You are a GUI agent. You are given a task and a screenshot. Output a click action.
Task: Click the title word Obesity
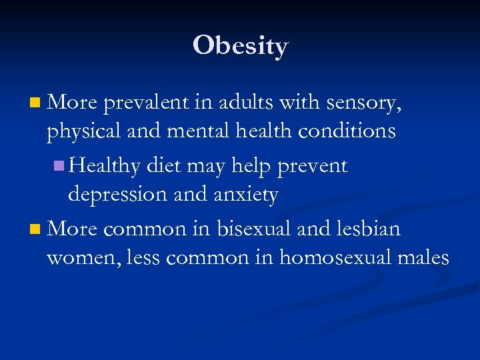point(240,46)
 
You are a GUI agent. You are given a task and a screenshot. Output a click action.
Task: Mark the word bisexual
point(257,229)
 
